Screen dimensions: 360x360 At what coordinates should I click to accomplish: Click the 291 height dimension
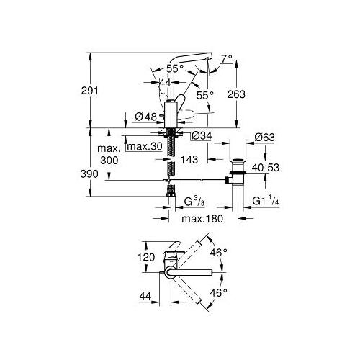[90, 91]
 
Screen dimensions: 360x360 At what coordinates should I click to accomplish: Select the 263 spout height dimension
[236, 94]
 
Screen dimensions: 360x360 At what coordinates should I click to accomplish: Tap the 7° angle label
[227, 58]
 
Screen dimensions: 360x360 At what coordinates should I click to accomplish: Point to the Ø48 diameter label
[145, 117]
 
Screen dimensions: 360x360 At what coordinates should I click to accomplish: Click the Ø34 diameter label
[202, 136]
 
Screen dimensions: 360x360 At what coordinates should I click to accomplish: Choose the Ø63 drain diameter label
[265, 138]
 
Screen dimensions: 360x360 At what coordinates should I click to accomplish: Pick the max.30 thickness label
[145, 146]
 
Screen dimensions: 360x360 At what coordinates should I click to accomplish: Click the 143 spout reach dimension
[189, 160]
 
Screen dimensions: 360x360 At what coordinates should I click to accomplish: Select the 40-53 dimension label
[266, 168]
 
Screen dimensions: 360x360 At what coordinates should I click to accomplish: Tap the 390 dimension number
[89, 174]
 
